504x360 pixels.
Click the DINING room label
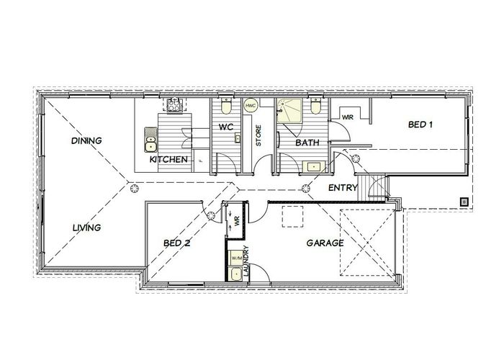86,140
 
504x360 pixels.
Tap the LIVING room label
87,228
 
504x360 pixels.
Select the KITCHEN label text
168,159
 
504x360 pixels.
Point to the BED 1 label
420,125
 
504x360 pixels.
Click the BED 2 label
177,243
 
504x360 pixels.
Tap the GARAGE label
325,243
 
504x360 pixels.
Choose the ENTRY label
343,188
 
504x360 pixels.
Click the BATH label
307,143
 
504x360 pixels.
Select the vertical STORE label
258,135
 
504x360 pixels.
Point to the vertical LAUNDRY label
246,261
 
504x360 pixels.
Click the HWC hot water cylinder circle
251,105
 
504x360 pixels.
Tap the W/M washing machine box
237,258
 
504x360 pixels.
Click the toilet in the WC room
226,106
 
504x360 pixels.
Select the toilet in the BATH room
315,106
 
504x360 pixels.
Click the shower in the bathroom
289,110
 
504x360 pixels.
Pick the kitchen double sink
150,140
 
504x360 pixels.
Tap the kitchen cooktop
174,105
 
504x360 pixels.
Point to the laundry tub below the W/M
237,274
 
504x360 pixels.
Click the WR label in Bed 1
348,117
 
